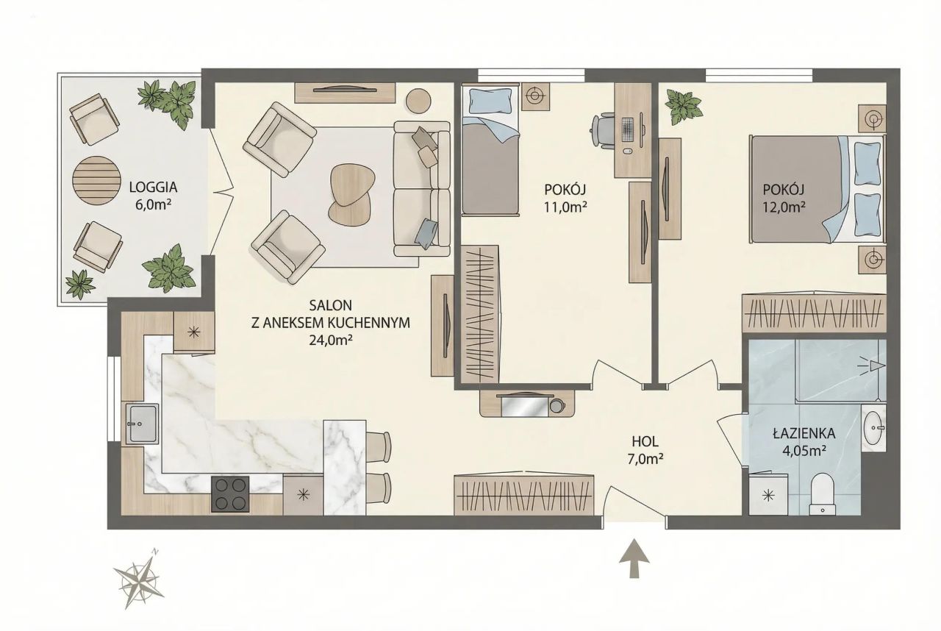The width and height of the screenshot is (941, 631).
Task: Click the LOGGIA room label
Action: coord(153,187)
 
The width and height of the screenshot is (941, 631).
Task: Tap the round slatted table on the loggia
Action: coord(97,180)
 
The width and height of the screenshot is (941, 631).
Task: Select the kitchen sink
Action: coord(142,423)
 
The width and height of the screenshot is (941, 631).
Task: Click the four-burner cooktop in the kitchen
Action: coord(230,493)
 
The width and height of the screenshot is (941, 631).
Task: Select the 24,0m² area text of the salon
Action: coord(330,341)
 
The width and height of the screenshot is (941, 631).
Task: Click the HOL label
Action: coord(645,441)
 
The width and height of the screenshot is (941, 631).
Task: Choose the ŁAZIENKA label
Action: coord(804,433)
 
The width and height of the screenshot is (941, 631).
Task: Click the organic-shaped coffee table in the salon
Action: coord(351,195)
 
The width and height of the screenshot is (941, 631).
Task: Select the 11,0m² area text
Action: coord(565,207)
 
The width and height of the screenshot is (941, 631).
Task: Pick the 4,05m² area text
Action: coord(804,450)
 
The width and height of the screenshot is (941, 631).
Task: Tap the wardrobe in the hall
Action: coord(524,494)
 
